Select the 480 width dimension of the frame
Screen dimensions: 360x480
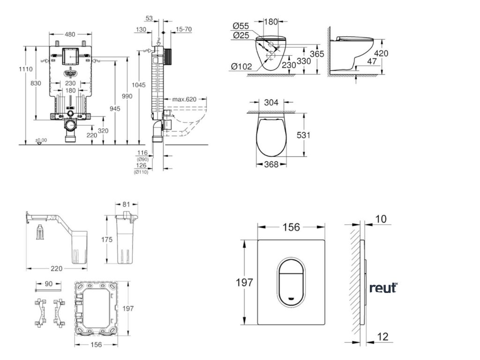(x=70, y=34)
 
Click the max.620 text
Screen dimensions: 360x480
(x=184, y=99)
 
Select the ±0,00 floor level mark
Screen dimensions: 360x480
(x=41, y=140)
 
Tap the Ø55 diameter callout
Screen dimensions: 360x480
(x=240, y=26)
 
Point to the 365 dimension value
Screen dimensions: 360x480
(x=317, y=54)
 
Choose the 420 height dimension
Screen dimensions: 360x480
(x=382, y=53)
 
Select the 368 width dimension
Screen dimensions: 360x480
(x=271, y=164)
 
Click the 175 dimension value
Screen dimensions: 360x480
(x=107, y=240)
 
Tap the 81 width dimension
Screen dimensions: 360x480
(x=127, y=204)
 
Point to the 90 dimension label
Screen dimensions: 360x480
(x=48, y=284)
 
